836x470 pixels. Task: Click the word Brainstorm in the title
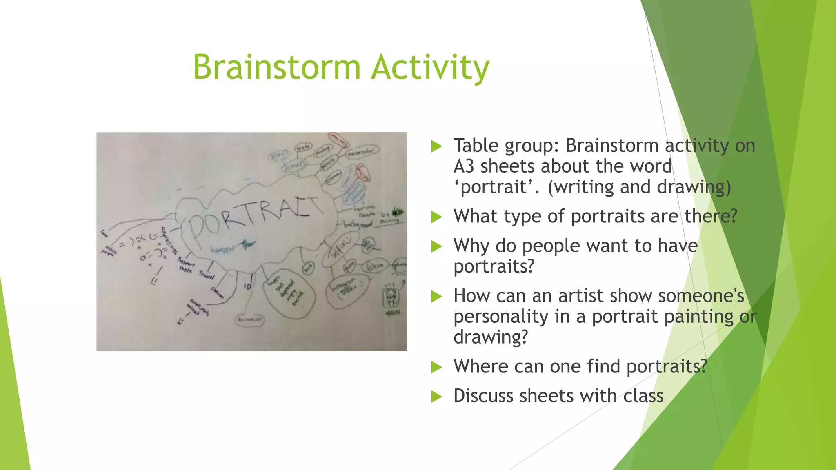pos(277,67)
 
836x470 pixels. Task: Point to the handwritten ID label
pos(247,287)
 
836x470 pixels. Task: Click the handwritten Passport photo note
pos(185,266)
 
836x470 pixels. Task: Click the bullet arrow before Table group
pos(436,146)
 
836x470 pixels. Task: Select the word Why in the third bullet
pos(470,246)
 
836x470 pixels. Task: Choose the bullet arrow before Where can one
pos(436,367)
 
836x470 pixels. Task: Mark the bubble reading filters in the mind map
pos(375,266)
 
